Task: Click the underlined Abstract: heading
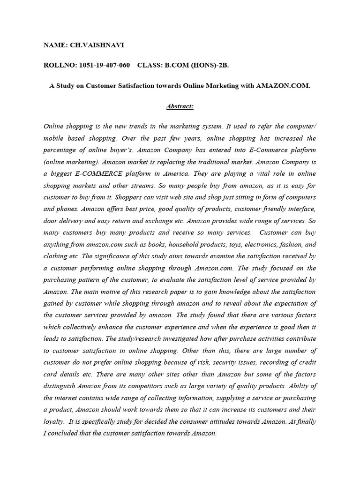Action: [180, 106]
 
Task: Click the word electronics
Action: [260, 244]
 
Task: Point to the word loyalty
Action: [54, 421]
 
